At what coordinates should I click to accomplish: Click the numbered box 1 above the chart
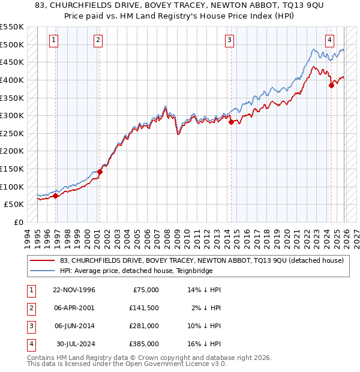point(54,40)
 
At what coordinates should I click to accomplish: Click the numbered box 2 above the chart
point(98,40)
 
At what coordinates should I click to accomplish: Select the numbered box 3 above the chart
point(229,40)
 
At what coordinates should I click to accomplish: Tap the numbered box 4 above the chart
point(330,40)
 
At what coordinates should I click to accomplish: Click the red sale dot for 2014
point(231,122)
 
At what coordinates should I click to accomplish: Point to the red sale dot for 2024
point(331,85)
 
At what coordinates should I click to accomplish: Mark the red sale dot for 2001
point(100,172)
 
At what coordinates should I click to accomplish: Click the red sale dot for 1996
point(56,195)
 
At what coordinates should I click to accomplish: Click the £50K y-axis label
point(14,204)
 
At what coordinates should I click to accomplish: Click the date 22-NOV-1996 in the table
point(74,290)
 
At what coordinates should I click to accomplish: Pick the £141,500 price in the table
point(145,308)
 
